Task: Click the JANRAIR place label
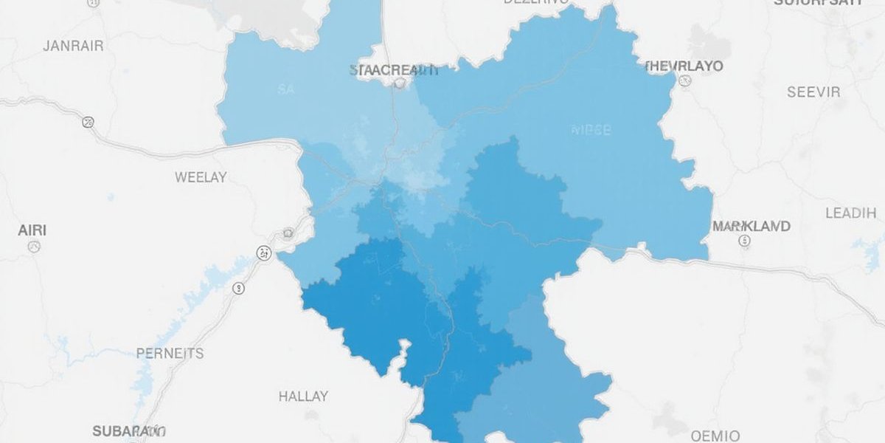pyautogui.click(x=73, y=46)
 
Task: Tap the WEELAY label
pyautogui.click(x=201, y=177)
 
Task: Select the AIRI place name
pyautogui.click(x=32, y=230)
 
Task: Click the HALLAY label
pyautogui.click(x=303, y=396)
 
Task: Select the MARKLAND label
pyautogui.click(x=752, y=226)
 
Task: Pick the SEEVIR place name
pyautogui.click(x=813, y=92)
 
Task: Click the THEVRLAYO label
pyautogui.click(x=684, y=66)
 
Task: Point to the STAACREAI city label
pyautogui.click(x=392, y=71)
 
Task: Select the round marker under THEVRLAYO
pyautogui.click(x=684, y=83)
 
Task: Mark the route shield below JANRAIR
pyautogui.click(x=89, y=122)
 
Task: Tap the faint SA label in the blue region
pyautogui.click(x=286, y=90)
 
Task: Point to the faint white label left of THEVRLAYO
pyautogui.click(x=591, y=131)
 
